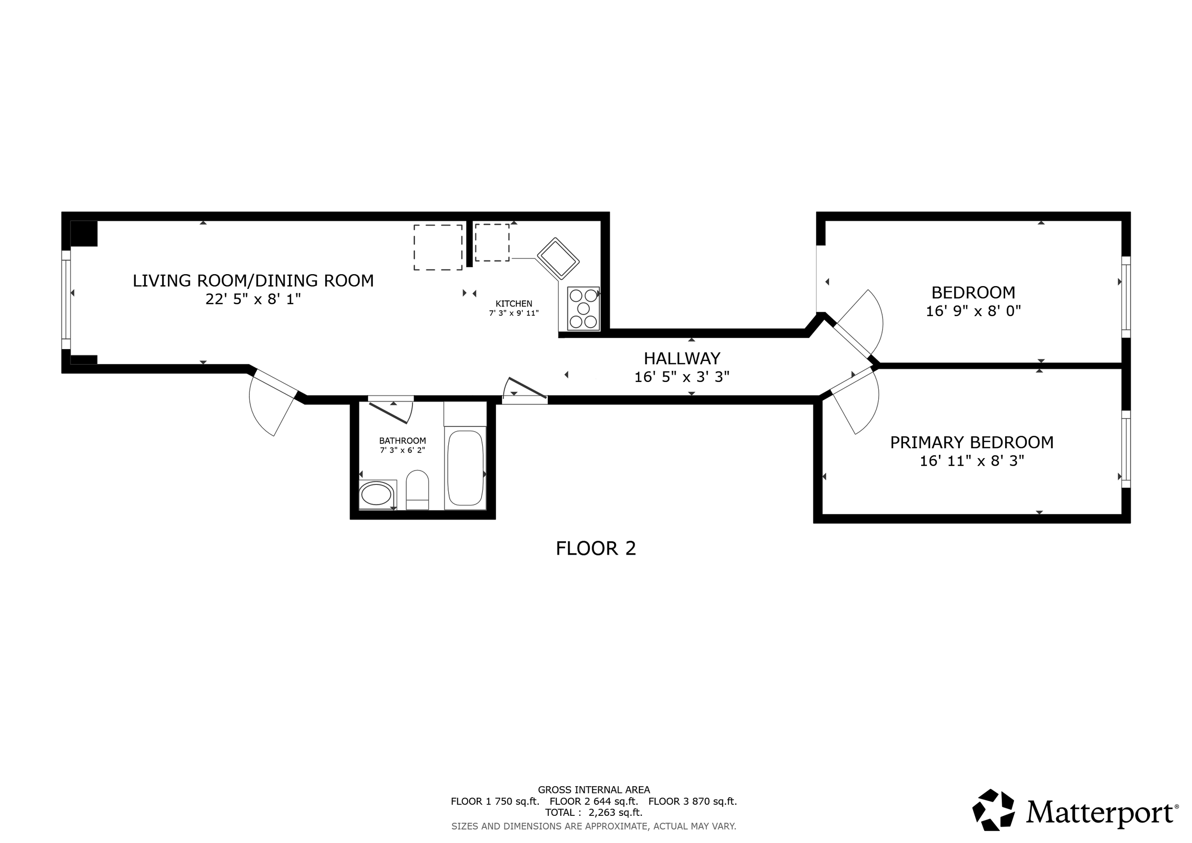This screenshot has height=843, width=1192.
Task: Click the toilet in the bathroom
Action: (x=417, y=490)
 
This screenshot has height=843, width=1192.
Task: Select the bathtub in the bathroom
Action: (x=465, y=468)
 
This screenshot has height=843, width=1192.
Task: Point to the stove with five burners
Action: (x=583, y=308)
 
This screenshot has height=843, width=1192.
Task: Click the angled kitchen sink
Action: (x=558, y=258)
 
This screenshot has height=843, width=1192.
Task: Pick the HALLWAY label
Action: (x=682, y=358)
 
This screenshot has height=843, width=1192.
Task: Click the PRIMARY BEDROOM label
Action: (x=972, y=442)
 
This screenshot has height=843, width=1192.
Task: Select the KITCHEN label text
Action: (x=514, y=304)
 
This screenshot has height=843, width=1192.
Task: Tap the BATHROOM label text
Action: (x=402, y=441)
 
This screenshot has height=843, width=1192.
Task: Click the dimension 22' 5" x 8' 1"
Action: (x=253, y=299)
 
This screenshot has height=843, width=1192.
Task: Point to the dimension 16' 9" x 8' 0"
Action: (x=974, y=311)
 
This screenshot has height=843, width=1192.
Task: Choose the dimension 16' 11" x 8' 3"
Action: (x=972, y=461)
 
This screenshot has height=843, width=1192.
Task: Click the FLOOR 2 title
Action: (x=596, y=548)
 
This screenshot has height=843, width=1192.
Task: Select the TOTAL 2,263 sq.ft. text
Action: (x=594, y=812)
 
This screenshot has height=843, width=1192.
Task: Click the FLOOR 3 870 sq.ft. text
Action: (x=693, y=801)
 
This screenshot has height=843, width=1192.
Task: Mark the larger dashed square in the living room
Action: (x=438, y=247)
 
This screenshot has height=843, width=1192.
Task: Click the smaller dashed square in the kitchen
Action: (x=492, y=242)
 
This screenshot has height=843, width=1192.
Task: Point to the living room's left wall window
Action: (x=66, y=299)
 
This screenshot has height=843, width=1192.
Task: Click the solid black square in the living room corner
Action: (x=84, y=234)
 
